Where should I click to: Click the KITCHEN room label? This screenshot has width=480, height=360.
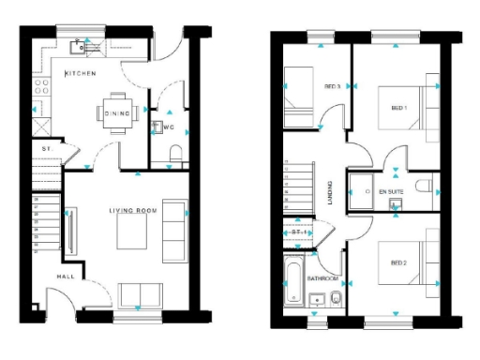coord(80,73)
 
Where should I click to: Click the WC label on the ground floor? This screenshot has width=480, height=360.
coord(169,127)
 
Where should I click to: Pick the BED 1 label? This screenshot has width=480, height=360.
coord(399,109)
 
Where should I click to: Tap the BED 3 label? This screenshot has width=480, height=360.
coord(331,86)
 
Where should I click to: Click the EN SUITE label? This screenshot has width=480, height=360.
coord(390,191)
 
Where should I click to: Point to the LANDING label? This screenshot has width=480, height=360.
coord(330,193)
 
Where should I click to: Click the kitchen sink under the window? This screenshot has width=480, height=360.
coord(88,45)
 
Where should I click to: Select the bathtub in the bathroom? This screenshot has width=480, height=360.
coord(291,284)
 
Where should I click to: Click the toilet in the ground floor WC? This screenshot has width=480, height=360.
coord(176,153)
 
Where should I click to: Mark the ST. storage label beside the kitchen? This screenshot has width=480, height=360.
coord(45,148)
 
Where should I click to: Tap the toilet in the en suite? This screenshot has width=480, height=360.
coord(422,188)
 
